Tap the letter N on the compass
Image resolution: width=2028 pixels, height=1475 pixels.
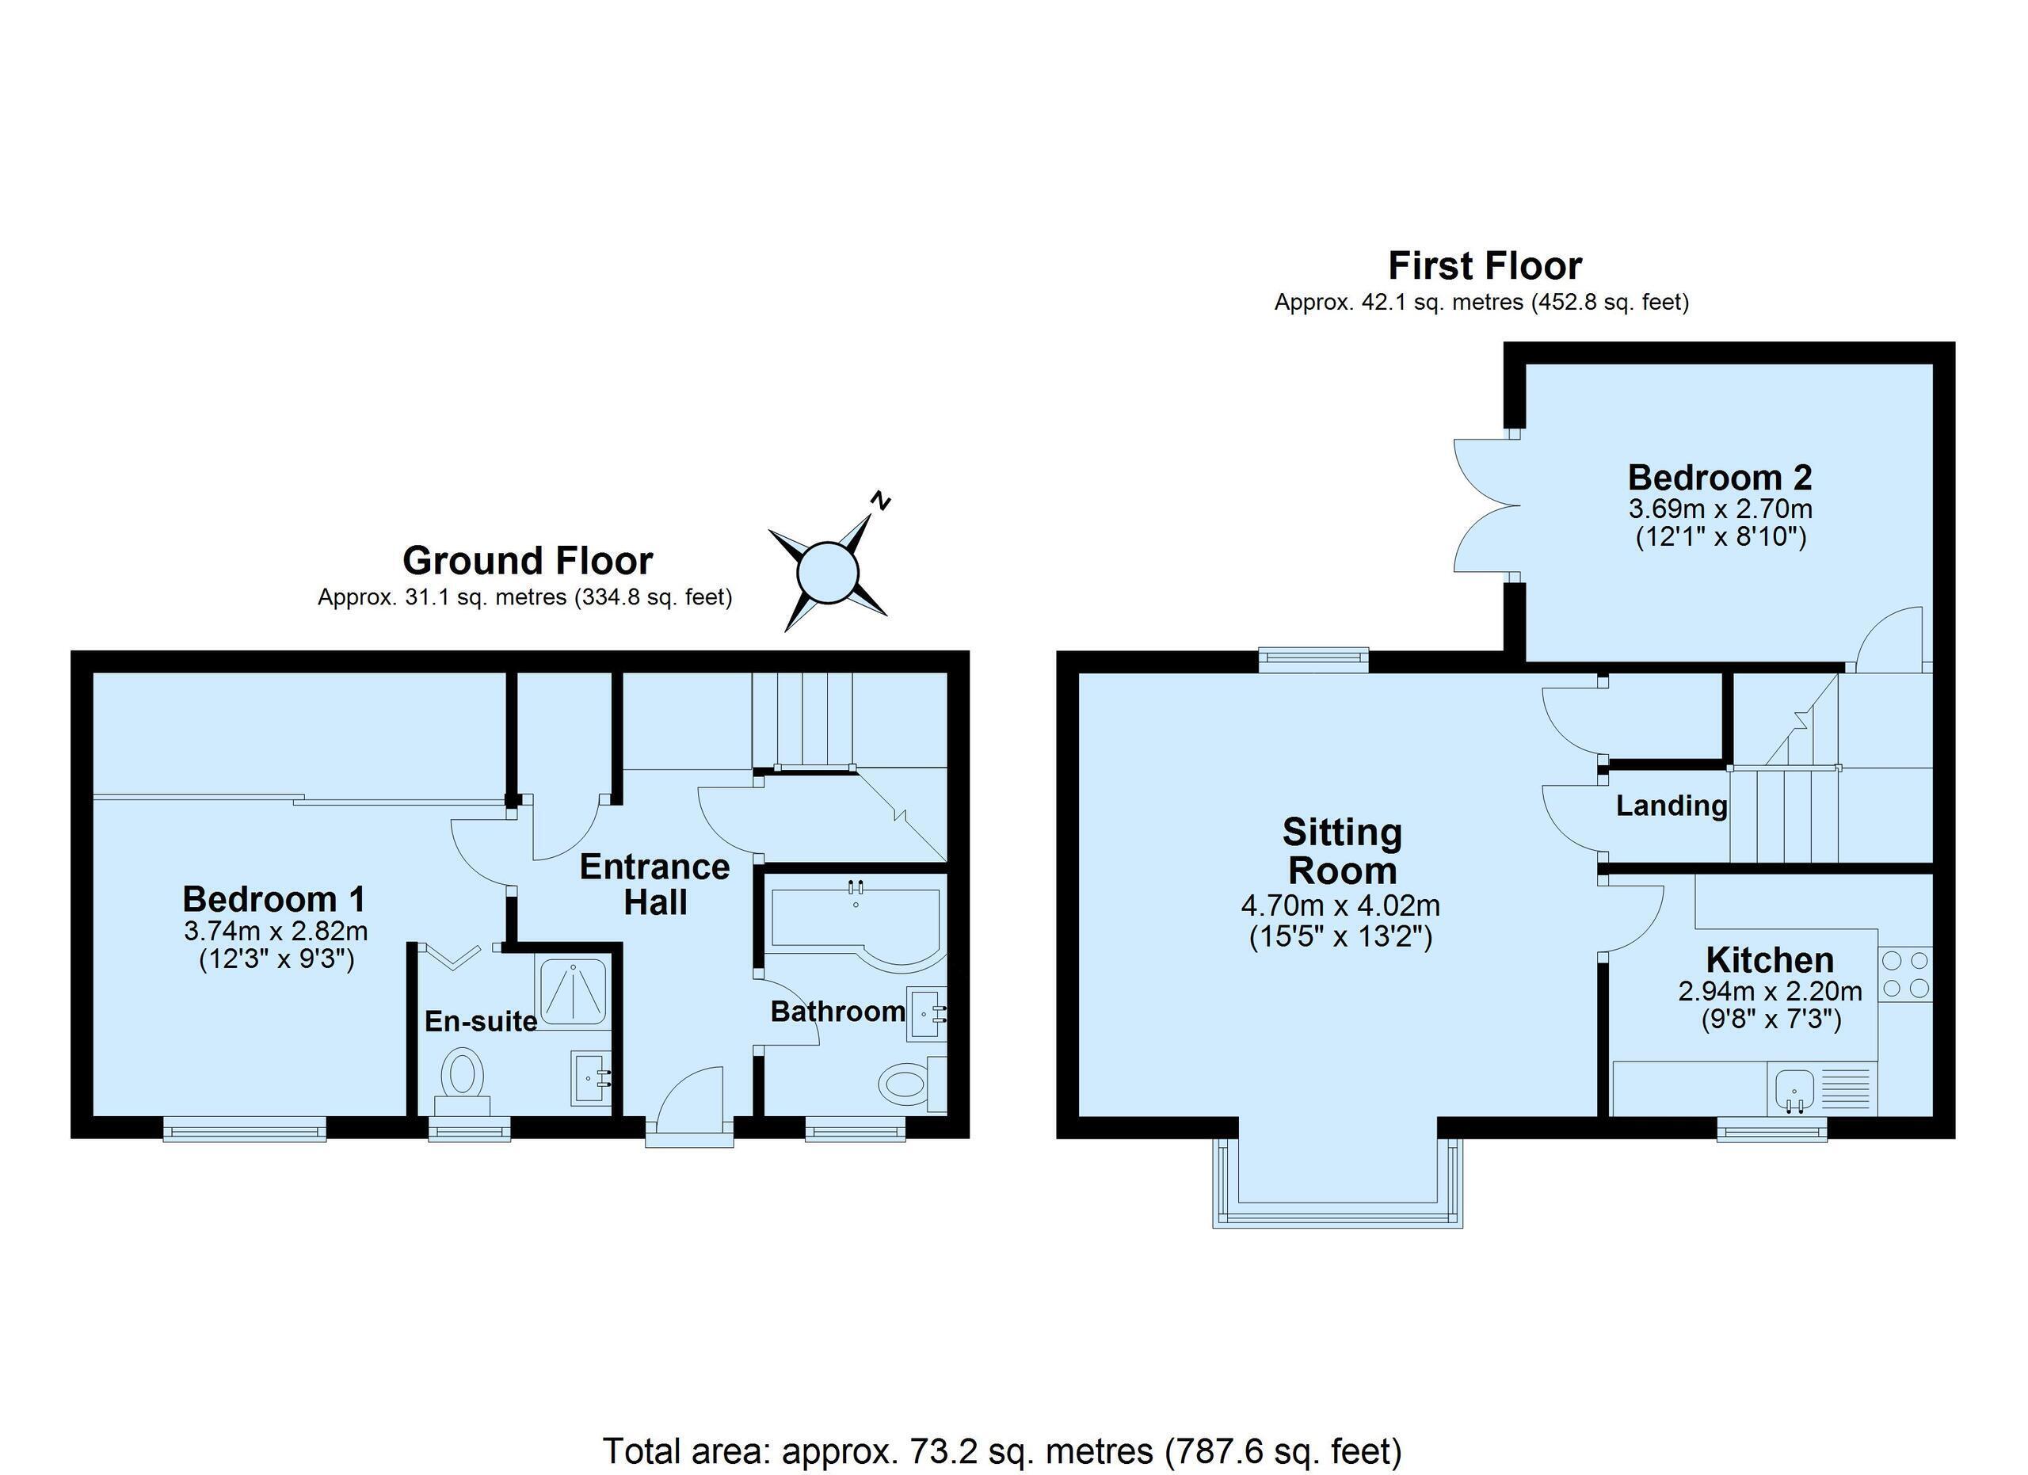[881, 501]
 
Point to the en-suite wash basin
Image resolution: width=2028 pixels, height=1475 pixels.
[591, 1078]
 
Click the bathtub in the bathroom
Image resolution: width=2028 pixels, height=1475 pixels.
[854, 925]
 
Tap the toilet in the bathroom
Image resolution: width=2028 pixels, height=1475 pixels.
[911, 1084]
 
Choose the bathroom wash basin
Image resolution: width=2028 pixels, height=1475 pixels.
[926, 1014]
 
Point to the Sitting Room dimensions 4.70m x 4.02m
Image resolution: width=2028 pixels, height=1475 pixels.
[1340, 905]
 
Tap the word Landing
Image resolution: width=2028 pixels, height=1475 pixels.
[1672, 806]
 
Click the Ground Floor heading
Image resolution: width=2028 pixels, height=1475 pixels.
[528, 561]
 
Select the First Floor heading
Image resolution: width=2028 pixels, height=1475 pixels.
[1485, 265]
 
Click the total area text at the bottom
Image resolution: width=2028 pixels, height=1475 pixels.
[1002, 1450]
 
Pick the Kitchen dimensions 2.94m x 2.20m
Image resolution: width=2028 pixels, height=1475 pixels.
[1770, 991]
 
